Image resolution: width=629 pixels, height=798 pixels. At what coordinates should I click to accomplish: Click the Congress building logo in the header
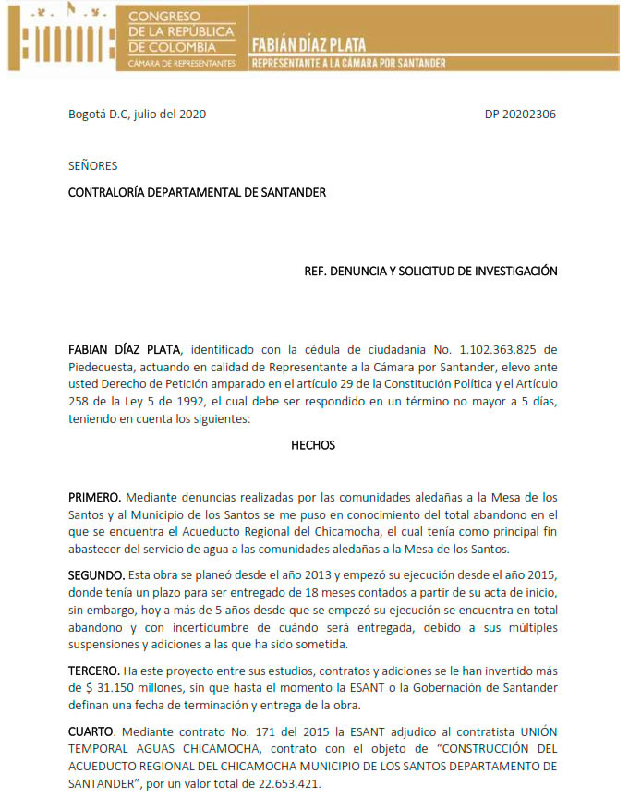(x=61, y=37)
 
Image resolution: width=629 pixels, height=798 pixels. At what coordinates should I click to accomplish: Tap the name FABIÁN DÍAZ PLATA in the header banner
(x=308, y=45)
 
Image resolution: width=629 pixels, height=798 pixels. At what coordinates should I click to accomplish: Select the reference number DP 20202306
(x=520, y=115)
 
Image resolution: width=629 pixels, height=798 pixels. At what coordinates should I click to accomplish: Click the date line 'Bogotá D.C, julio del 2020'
(x=138, y=115)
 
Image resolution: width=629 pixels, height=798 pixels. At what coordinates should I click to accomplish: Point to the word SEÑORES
(x=92, y=166)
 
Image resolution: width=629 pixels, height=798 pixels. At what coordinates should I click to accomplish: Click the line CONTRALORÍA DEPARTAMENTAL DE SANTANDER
(x=198, y=192)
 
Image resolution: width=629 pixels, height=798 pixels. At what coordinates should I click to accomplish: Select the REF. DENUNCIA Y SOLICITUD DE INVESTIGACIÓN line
(x=430, y=272)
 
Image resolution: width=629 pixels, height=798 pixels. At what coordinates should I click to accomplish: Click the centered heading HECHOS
(x=313, y=445)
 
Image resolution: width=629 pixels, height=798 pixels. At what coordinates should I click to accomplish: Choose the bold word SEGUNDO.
(x=96, y=574)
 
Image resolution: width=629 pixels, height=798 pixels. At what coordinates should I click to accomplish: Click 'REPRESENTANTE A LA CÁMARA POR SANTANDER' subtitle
(x=349, y=63)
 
